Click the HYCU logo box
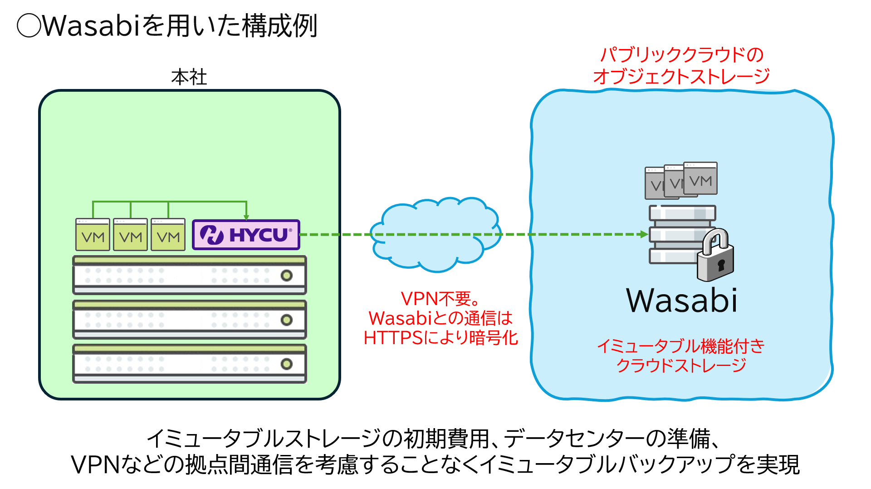click(246, 235)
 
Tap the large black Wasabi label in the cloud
click(681, 301)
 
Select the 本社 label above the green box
click(189, 77)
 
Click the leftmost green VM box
click(93, 235)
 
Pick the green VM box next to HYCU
click(168, 235)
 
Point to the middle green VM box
click(131, 235)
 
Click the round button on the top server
click(286, 276)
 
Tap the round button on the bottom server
click(286, 364)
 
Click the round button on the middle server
click(286, 320)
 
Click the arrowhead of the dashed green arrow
click(644, 234)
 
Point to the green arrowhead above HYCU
click(246, 217)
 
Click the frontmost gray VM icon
click(700, 178)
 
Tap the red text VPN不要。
click(440, 299)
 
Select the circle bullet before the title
click(29, 25)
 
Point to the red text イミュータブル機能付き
click(680, 346)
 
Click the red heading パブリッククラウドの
click(681, 55)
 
